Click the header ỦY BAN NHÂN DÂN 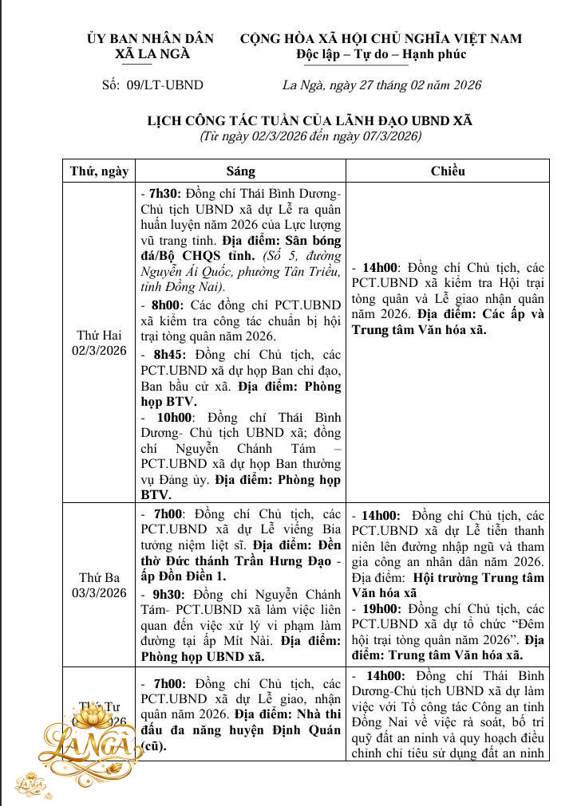[151, 39]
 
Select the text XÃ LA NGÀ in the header [151, 54]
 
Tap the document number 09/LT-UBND [152, 85]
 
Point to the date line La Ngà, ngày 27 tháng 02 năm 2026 [381, 85]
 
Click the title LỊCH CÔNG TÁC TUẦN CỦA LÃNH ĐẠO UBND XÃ [310, 120]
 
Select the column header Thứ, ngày [99, 171]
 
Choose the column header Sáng [240, 171]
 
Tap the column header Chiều [448, 171]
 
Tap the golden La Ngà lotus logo [86, 746]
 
